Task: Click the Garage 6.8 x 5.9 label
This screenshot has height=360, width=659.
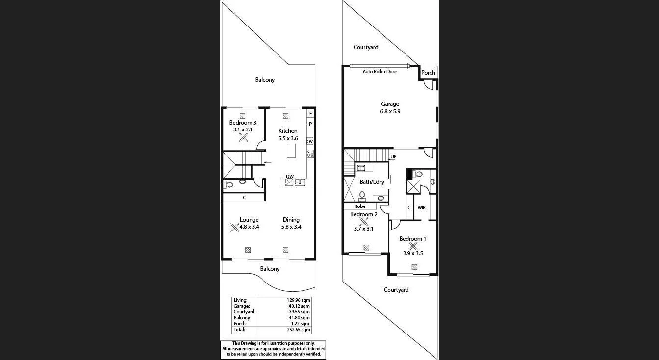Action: click(x=390, y=107)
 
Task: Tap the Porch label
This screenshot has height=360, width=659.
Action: click(x=428, y=73)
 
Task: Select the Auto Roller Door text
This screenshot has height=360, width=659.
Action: click(x=380, y=72)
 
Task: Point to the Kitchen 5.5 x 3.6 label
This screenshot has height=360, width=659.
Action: click(x=288, y=134)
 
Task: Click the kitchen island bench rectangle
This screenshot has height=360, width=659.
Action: click(x=291, y=151)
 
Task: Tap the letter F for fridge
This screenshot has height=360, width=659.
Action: click(x=310, y=114)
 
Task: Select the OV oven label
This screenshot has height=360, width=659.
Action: click(x=309, y=141)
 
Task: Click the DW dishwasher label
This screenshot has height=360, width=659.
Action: click(x=290, y=177)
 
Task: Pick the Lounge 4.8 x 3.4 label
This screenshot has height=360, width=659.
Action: click(x=249, y=223)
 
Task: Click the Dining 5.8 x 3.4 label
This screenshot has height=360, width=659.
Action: click(x=291, y=223)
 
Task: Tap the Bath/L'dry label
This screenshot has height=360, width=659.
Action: click(x=372, y=182)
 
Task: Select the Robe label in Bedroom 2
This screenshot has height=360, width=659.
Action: click(x=360, y=206)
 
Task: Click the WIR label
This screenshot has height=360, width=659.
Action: click(x=421, y=208)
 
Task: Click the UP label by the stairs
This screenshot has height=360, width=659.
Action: click(x=393, y=157)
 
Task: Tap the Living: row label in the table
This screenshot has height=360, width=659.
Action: click(x=240, y=300)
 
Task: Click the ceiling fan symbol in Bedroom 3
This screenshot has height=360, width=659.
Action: click(x=243, y=138)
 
